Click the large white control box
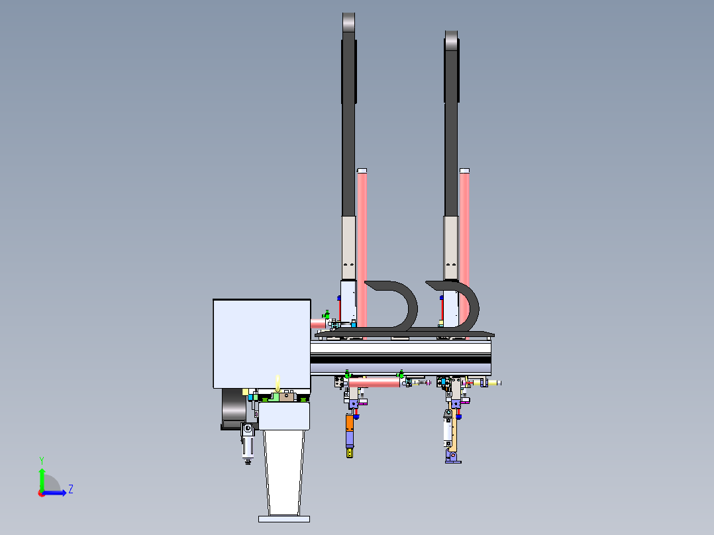(262, 343)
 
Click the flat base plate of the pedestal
(284, 518)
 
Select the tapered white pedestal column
(284, 470)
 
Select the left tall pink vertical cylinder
(362, 245)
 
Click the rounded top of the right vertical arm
(451, 39)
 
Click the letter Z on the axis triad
(70, 489)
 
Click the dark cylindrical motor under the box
(233, 409)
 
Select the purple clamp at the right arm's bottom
(452, 456)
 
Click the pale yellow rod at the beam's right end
(494, 383)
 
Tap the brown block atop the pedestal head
(287, 397)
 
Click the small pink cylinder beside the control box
(319, 323)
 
